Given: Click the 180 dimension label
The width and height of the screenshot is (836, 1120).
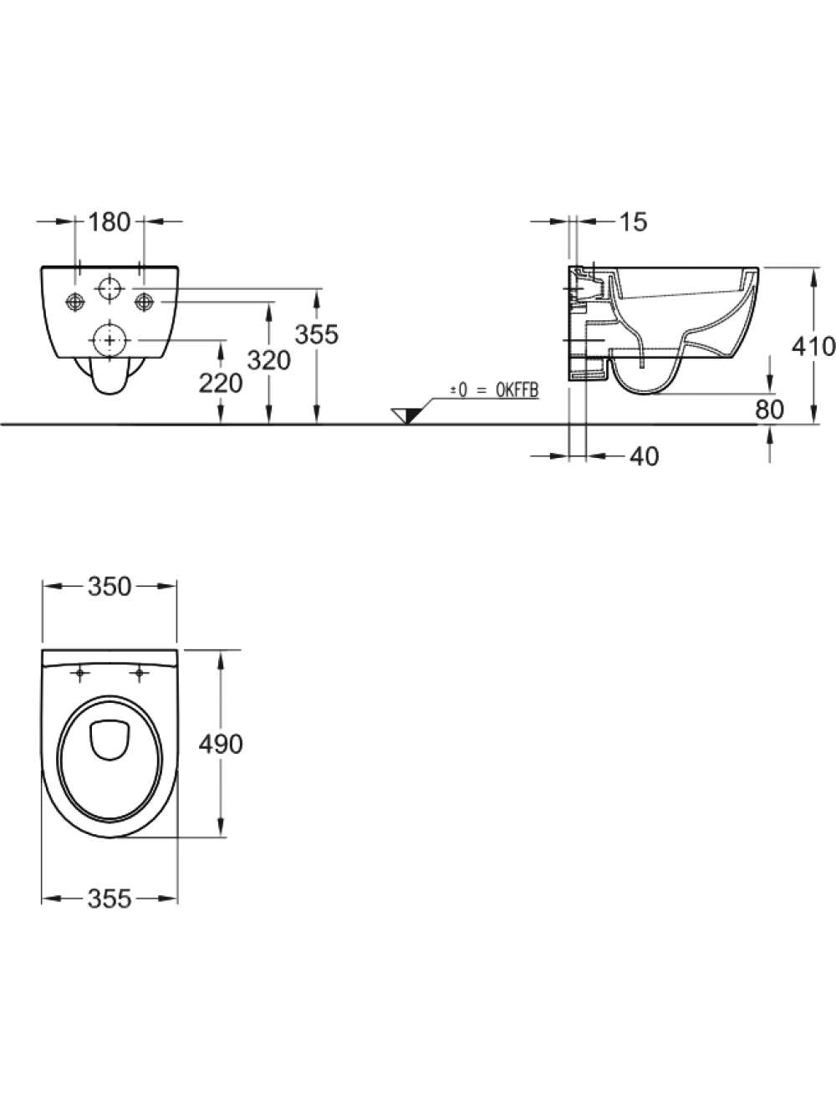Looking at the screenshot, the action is coord(110,222).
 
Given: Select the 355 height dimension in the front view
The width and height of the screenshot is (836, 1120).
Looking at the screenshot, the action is coord(317,334).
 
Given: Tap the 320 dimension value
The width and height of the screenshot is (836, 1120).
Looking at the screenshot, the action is coord(268,361).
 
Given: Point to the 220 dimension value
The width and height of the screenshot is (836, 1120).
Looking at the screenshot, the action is coord(221,383).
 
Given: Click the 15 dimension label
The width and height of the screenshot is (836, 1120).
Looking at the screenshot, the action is coord(634,222).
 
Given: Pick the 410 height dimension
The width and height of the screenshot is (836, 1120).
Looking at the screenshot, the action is coord(813,347).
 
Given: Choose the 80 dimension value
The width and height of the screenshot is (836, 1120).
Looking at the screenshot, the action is coord(769,410).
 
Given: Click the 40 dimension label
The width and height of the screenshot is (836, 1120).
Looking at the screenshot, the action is coord(645,456).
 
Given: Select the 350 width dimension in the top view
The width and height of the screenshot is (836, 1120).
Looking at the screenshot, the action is coord(110,587).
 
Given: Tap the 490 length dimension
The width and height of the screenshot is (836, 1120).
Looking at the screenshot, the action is coord(221,745).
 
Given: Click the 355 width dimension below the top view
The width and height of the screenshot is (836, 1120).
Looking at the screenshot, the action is coord(110,899).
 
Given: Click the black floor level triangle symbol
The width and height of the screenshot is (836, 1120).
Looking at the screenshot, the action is coord(408,415).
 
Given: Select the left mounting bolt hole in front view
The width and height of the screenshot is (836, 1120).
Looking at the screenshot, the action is coord(75,302).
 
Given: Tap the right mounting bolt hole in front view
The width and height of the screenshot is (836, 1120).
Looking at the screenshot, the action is coord(144,302).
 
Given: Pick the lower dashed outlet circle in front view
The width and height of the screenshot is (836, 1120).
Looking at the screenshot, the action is coord(110,340).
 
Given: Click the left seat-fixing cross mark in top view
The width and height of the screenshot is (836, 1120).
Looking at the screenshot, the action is coord(79,674).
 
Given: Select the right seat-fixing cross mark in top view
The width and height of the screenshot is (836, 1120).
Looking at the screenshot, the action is coord(139,674).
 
